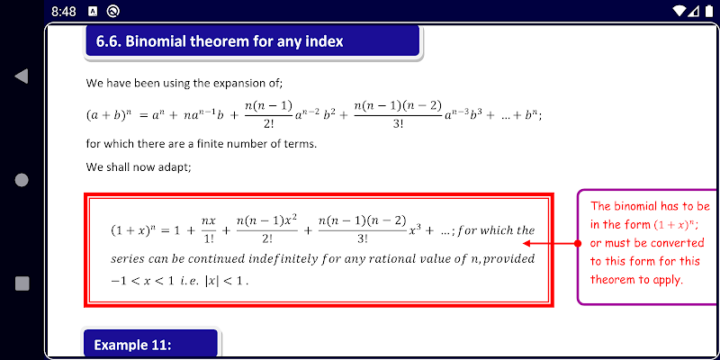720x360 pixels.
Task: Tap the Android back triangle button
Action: pos(22,76)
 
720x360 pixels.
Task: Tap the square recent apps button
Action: pos(22,283)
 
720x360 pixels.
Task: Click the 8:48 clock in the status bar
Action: pos(64,12)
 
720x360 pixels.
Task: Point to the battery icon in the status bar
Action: pos(709,12)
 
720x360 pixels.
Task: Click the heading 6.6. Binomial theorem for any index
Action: pos(220,41)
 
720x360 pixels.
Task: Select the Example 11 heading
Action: pos(132,345)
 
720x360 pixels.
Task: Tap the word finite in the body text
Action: pos(210,144)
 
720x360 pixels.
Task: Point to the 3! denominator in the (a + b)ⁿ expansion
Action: pos(398,124)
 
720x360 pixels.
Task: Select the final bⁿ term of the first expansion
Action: pos(532,115)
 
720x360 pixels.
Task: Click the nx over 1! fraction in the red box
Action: pos(209,230)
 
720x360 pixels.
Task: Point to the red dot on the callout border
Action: pos(578,243)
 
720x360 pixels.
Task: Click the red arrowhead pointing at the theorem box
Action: pos(527,243)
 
